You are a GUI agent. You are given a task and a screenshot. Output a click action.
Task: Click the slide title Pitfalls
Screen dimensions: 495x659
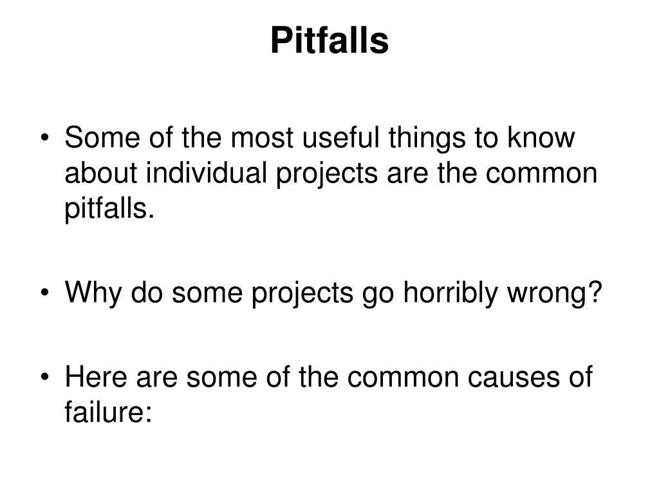pos(329,41)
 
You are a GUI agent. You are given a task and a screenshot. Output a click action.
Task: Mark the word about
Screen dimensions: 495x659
pos(103,173)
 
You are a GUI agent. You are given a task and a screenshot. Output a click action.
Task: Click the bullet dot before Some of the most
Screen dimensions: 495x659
pos(50,139)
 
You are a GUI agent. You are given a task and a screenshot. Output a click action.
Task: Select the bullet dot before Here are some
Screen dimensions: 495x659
pos(50,378)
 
